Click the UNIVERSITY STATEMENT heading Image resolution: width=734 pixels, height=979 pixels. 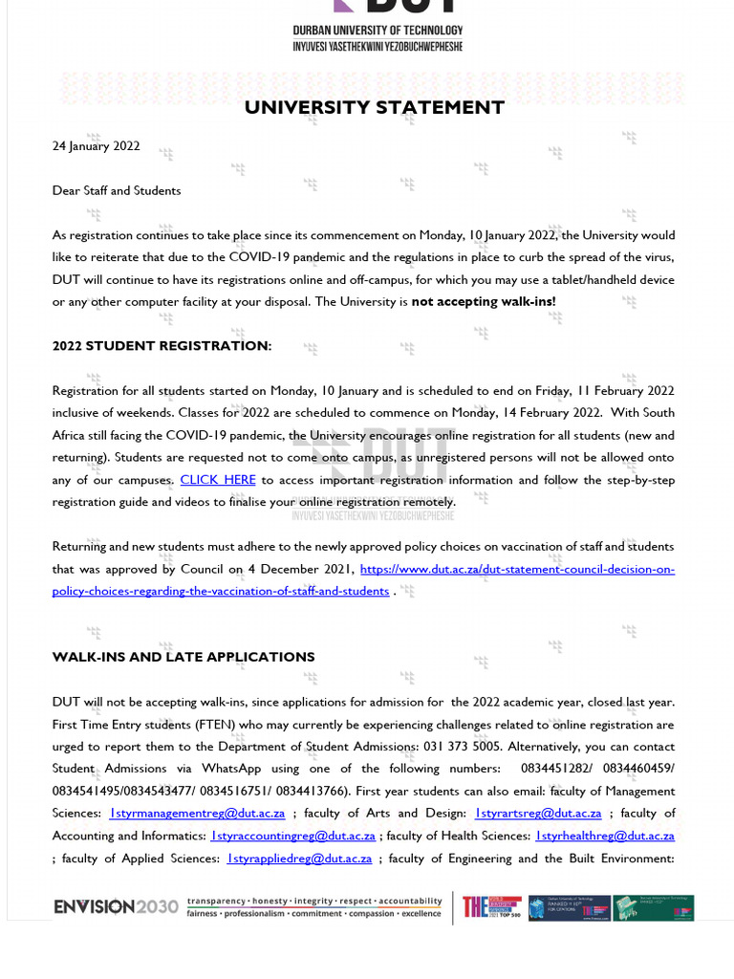(375, 107)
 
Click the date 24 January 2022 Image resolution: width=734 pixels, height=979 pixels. (96, 146)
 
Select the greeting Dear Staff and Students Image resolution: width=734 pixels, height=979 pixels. (116, 190)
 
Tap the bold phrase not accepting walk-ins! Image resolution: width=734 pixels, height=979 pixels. (484, 302)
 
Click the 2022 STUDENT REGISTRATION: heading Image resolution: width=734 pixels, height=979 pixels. (162, 346)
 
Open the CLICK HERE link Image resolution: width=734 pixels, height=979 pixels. (218, 480)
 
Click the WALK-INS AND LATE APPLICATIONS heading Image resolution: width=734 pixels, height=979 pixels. (183, 657)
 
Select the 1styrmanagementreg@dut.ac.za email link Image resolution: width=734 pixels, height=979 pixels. (197, 814)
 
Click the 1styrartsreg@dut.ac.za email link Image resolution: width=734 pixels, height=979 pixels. (538, 814)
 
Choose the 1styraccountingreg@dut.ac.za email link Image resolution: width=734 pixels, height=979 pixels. (292, 836)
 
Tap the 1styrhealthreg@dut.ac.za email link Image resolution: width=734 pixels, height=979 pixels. (605, 836)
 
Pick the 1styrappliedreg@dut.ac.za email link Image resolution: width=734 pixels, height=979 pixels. (299, 859)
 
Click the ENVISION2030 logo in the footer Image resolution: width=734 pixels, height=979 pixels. (116, 906)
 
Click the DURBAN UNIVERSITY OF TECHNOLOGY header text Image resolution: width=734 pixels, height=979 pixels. (378, 31)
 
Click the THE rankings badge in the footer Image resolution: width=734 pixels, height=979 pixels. (491, 907)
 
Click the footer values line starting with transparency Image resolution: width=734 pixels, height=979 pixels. (314, 902)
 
